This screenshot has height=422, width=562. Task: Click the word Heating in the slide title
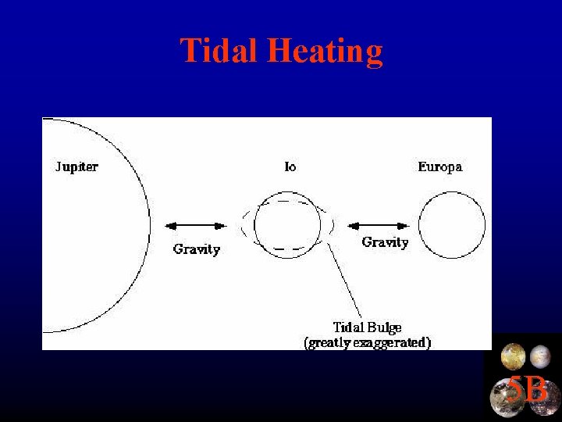pos(325,52)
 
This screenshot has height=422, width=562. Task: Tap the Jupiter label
pos(76,166)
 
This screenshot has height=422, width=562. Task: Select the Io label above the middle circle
pos(290,166)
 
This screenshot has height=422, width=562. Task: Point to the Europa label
pos(439,166)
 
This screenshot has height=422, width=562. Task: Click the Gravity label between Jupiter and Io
pos(196,249)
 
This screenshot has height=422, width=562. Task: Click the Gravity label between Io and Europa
pos(385,242)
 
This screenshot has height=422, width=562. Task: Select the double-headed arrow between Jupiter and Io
pos(196,226)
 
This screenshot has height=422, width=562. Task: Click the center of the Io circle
pos(287,226)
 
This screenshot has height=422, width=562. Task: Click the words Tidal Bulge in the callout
pos(367,327)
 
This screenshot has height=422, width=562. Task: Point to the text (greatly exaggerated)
pos(367,342)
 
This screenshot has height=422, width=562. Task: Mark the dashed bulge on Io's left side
pos(246,226)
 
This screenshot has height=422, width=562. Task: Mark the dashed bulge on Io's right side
pos(332,226)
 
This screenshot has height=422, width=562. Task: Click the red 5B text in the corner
pos(528,388)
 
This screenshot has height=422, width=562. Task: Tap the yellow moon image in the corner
pos(513,357)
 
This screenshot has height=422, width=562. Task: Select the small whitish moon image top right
pos(540,357)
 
